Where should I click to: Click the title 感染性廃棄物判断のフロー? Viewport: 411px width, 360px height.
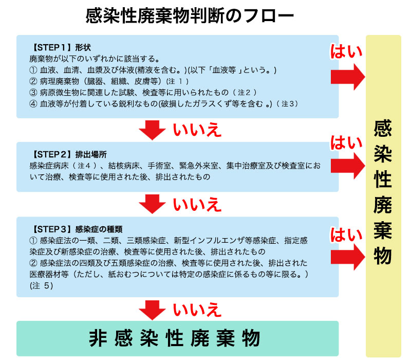pyautogui.click(x=190, y=15)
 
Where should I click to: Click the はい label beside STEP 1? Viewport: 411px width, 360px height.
pyautogui.click(x=346, y=51)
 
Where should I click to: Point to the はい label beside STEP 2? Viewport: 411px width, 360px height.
pyautogui.click(x=346, y=143)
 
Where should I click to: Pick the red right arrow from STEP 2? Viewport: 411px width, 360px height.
pyautogui.click(x=347, y=166)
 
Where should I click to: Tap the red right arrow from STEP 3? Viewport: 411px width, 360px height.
pyautogui.click(x=347, y=256)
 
